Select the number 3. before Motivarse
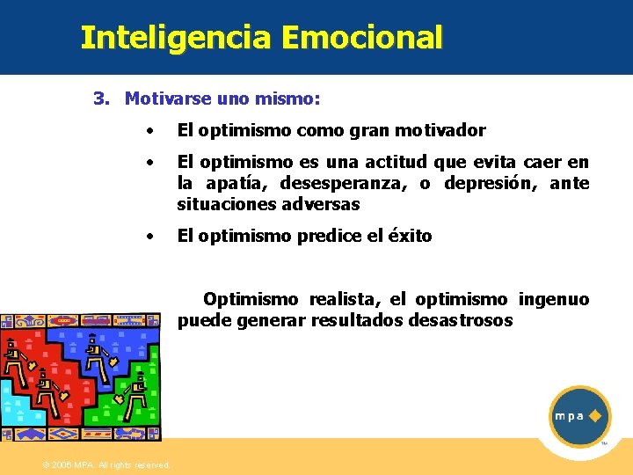(102, 99)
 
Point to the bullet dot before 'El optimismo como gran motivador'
(152, 132)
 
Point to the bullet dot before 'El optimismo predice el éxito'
(152, 237)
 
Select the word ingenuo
(554, 300)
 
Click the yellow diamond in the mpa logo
(595, 415)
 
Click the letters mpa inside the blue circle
(569, 416)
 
